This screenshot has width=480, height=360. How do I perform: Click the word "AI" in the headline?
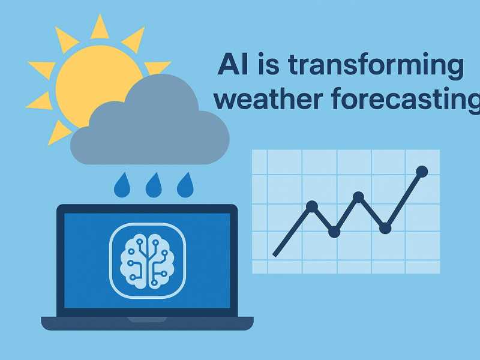coord(233,64)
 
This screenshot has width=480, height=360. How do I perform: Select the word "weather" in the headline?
coord(268,98)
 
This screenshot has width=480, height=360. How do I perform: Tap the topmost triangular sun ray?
coord(100,28)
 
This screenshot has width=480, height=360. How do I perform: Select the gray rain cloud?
coord(150,122)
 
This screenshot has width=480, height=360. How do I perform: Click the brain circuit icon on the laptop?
coord(148,261)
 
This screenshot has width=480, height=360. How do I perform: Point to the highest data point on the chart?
coord(422,172)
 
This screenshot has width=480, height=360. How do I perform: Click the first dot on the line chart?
coord(312,206)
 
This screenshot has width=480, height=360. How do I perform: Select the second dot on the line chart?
coord(334,232)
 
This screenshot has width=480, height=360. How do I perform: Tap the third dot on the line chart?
coord(358,197)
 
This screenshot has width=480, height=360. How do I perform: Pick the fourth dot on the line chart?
coord(385,228)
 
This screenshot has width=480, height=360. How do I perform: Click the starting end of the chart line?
coord(274,256)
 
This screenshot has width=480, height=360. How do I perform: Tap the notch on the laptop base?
coord(147,320)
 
